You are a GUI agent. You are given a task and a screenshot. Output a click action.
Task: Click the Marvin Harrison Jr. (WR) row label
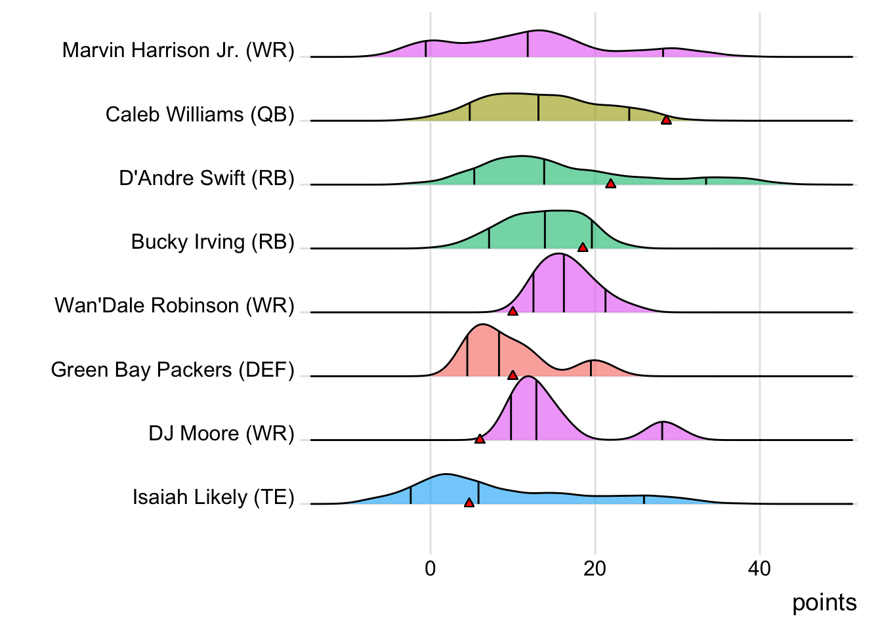[x=178, y=51]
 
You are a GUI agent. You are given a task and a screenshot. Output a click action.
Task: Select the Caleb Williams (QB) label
[x=199, y=114]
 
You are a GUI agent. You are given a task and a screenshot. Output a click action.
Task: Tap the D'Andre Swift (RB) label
[x=206, y=178]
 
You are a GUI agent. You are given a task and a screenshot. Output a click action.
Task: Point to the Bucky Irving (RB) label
[x=212, y=241]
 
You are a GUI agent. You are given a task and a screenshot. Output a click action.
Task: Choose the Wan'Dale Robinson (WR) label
[x=174, y=305]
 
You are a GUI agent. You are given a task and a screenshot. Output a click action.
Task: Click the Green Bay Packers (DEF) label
[x=172, y=369]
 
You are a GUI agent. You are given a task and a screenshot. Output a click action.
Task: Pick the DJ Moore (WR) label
[x=221, y=433]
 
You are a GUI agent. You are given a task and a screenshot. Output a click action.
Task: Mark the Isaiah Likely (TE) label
[x=213, y=497]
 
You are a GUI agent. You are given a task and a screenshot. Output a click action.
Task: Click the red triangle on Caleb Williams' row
[x=666, y=120]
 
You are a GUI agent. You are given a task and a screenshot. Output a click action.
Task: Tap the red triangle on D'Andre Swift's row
[x=610, y=184]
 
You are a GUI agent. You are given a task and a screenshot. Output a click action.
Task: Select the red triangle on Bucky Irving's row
[x=583, y=247]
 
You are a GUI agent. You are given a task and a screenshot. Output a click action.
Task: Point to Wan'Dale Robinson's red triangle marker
[x=513, y=311]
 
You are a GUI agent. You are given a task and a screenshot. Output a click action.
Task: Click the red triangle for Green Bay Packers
[x=513, y=375]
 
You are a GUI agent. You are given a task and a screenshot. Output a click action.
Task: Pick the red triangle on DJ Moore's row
[x=480, y=439]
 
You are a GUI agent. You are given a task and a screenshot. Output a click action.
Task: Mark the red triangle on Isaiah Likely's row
[x=469, y=503]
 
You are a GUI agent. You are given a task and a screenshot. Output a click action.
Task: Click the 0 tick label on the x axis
[x=430, y=568]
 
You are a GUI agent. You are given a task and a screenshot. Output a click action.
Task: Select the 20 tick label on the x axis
[x=595, y=568]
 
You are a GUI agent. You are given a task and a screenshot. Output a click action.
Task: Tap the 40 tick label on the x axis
[x=759, y=568]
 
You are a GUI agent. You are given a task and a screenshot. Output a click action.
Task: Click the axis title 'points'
[x=824, y=602]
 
